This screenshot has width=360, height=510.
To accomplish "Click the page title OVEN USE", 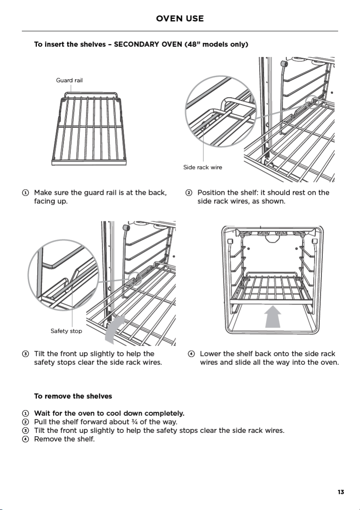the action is pyautogui.click(x=180, y=18).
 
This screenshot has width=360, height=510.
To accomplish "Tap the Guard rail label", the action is pyautogui.click(x=69, y=81).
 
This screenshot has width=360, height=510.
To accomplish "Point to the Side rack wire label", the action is pyautogui.click(x=202, y=167).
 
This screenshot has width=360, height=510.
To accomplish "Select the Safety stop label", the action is pyautogui.click(x=66, y=331).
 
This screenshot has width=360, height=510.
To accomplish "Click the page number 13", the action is pyautogui.click(x=341, y=492).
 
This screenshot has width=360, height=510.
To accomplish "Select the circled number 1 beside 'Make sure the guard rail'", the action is pyautogui.click(x=25, y=193).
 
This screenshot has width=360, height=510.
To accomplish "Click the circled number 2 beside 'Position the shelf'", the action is pyautogui.click(x=189, y=193).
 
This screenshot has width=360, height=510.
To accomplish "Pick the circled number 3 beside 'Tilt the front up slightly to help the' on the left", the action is pyautogui.click(x=25, y=354).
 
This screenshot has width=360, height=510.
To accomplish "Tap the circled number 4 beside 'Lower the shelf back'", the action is pyautogui.click(x=191, y=354).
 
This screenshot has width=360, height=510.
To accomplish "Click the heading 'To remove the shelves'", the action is pyautogui.click(x=73, y=396).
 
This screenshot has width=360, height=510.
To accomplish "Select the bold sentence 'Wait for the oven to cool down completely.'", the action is pyautogui.click(x=109, y=413).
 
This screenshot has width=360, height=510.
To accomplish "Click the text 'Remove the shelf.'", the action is pyautogui.click(x=64, y=439).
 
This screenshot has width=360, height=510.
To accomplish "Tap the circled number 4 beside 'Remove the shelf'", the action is pyautogui.click(x=25, y=439).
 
